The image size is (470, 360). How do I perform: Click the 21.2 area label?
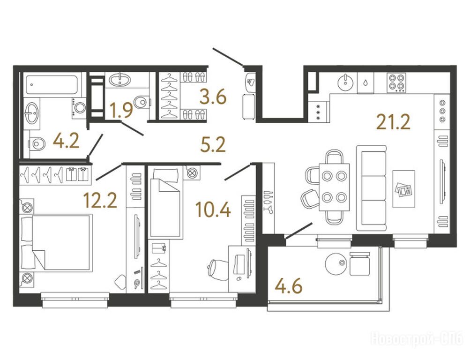pyautogui.click(x=393, y=122)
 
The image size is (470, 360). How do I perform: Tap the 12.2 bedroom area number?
pyautogui.click(x=100, y=200)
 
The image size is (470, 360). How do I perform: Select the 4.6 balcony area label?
pyautogui.click(x=289, y=286)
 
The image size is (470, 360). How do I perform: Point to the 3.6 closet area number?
pyautogui.click(x=213, y=97)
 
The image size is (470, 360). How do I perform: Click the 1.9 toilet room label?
pyautogui.click(x=121, y=110)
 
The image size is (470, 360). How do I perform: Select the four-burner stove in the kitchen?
pyautogui.click(x=396, y=82)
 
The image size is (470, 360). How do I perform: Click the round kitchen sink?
pyautogui.click(x=346, y=82)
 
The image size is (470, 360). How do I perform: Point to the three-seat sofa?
pyautogui.click(x=372, y=188)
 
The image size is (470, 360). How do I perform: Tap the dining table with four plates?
pyautogui.click(x=334, y=187)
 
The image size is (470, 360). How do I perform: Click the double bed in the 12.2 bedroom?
pyautogui.click(x=56, y=243)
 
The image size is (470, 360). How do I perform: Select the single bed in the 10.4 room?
pyautogui.click(x=166, y=203)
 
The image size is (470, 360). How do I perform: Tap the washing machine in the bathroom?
pyautogui.click(x=79, y=107)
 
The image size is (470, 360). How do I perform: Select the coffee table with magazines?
pyautogui.click(x=404, y=189)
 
